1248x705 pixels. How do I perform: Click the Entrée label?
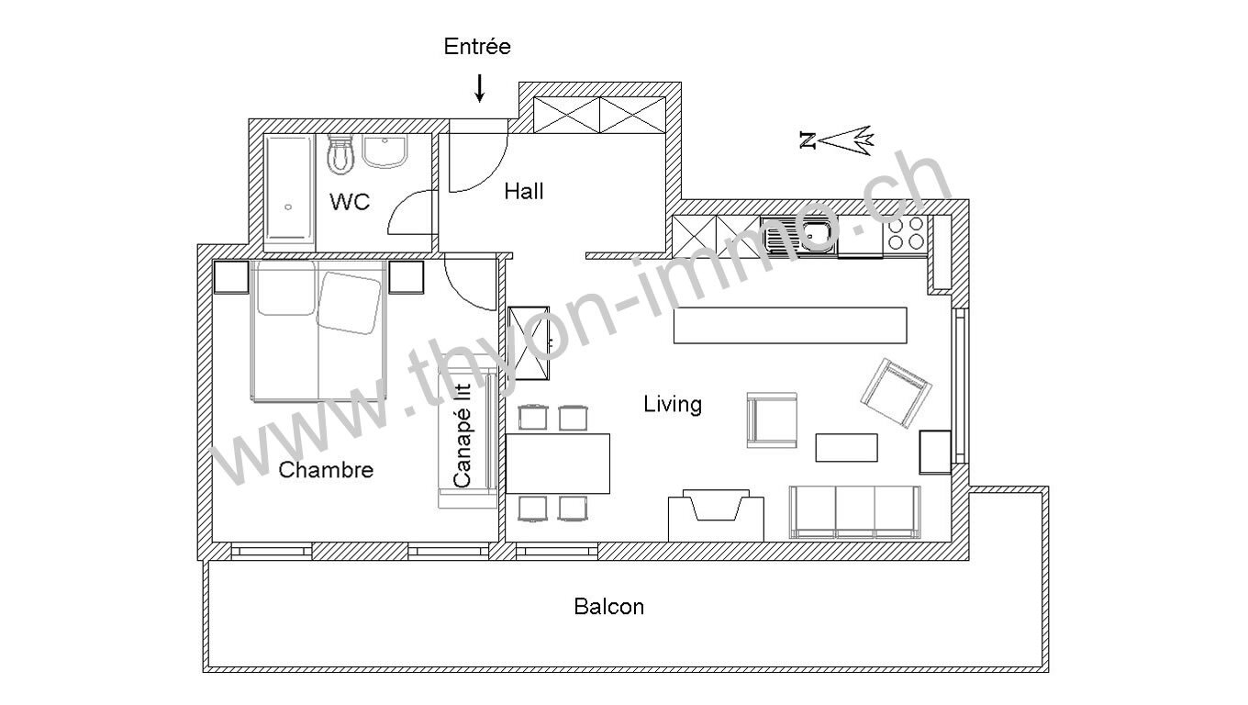[x=477, y=46]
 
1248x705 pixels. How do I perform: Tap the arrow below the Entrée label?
[x=479, y=88]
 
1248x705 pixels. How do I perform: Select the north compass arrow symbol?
[x=836, y=140]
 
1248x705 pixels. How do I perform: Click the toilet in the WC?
[x=340, y=154]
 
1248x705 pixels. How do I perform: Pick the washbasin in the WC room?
[x=385, y=151]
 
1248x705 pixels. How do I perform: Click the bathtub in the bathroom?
[x=288, y=192]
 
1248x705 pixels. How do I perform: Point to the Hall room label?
[x=524, y=192]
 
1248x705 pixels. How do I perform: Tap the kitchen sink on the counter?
[x=799, y=235]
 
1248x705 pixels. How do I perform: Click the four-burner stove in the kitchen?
[x=906, y=233]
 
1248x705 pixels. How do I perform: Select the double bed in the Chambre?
[x=318, y=330]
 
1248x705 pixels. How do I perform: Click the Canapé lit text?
[x=462, y=435]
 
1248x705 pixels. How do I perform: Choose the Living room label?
[x=673, y=404]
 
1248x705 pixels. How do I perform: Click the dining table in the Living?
[x=558, y=464]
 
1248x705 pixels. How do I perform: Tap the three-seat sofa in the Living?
[x=854, y=512]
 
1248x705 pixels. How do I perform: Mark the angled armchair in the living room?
[x=896, y=393]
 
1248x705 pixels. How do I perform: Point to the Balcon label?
[x=609, y=607]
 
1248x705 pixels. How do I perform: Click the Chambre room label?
[x=326, y=470]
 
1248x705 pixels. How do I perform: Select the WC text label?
[x=350, y=202]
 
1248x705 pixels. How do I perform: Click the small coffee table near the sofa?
[x=846, y=448]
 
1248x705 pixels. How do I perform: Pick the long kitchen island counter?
[x=790, y=325]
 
